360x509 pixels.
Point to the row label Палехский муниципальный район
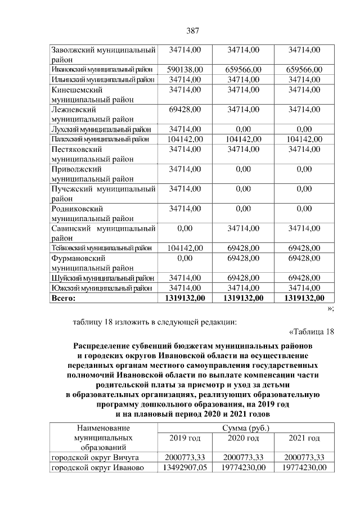pos(101,139)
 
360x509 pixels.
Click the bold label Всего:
pos(64,298)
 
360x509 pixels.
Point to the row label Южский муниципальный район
pos(102,287)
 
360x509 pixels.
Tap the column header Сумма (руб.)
pos(244,428)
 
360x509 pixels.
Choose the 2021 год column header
pos(304,438)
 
